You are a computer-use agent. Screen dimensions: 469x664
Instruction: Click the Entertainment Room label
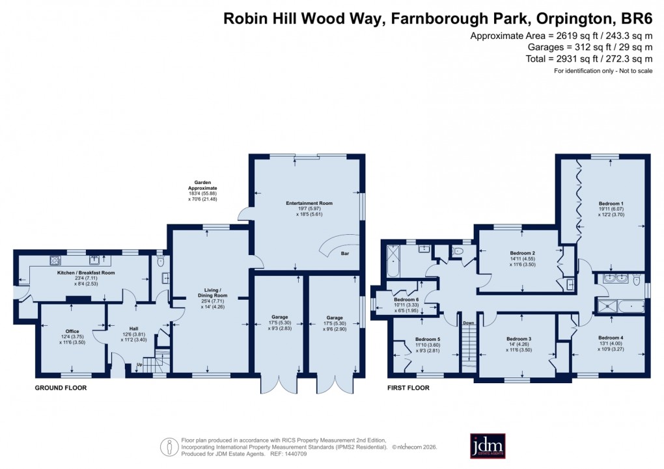tap(309, 203)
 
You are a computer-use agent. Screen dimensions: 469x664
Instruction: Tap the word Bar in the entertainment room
tap(344, 254)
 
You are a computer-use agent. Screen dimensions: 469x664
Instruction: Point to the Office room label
tap(72, 331)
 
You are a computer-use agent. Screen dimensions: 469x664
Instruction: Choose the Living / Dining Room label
tap(209, 292)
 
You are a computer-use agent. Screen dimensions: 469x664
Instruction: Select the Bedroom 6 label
tap(406, 299)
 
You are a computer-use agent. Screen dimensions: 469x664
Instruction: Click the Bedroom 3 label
tap(519, 339)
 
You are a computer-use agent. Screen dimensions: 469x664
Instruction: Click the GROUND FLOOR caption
tap(61, 388)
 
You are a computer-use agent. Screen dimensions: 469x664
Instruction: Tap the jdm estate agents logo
tap(486, 446)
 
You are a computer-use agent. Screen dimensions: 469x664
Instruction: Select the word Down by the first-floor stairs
tap(468, 322)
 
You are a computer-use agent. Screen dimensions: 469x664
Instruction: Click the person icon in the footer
tap(169, 446)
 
